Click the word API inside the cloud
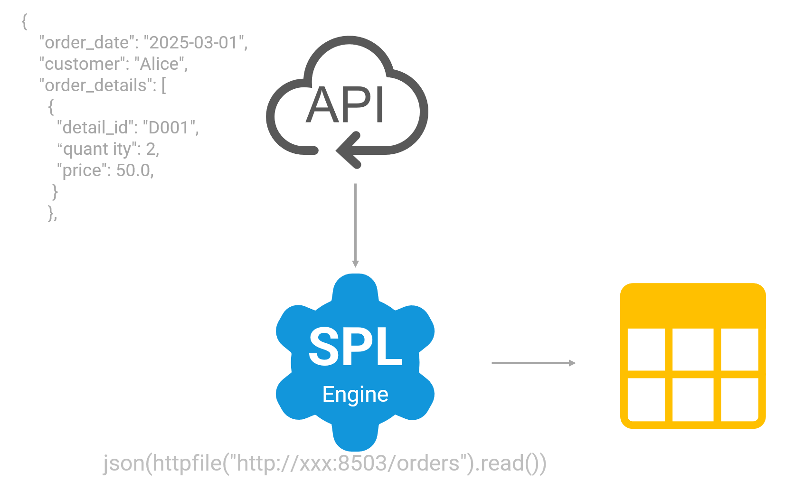coord(345,105)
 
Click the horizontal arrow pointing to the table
coord(533,363)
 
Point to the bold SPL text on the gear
coord(356,347)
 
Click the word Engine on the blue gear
coord(355,394)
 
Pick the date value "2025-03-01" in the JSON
coord(193,43)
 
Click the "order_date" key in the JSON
coord(86,43)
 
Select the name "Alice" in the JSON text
coord(159,64)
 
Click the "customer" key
coord(82,64)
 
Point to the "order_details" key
coord(95,85)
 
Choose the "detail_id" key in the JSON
coord(95,127)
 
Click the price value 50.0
coord(133,170)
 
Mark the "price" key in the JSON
coord(82,170)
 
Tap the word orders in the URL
coord(428,463)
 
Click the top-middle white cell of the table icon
coord(693,349)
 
